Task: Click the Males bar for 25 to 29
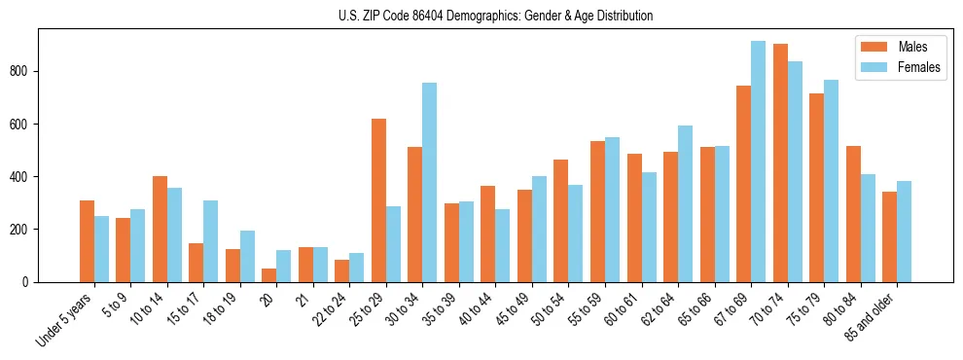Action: click(x=378, y=200)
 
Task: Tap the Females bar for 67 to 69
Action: click(x=758, y=162)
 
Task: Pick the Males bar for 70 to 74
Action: click(x=780, y=162)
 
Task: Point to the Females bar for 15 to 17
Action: click(x=210, y=241)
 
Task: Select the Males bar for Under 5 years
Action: click(x=87, y=241)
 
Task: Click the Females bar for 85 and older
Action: click(x=904, y=232)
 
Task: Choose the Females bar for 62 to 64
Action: click(x=685, y=203)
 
